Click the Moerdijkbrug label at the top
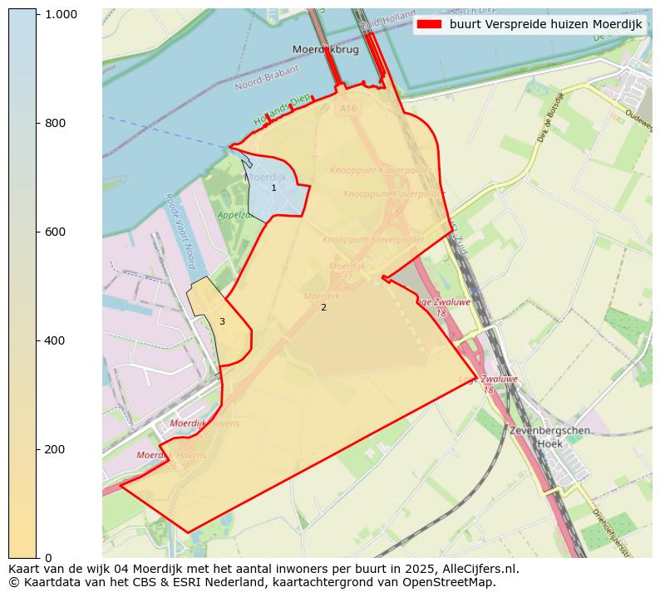tap(325, 50)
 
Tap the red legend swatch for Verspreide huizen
tap(430, 24)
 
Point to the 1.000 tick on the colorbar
tap(62, 14)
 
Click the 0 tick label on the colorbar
tap(48, 557)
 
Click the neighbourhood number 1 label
tap(273, 188)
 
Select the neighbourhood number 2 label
tap(323, 308)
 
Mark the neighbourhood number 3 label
tap(222, 321)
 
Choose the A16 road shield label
tap(347, 107)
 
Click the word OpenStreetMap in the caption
tap(452, 582)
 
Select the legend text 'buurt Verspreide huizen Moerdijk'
tap(545, 24)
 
